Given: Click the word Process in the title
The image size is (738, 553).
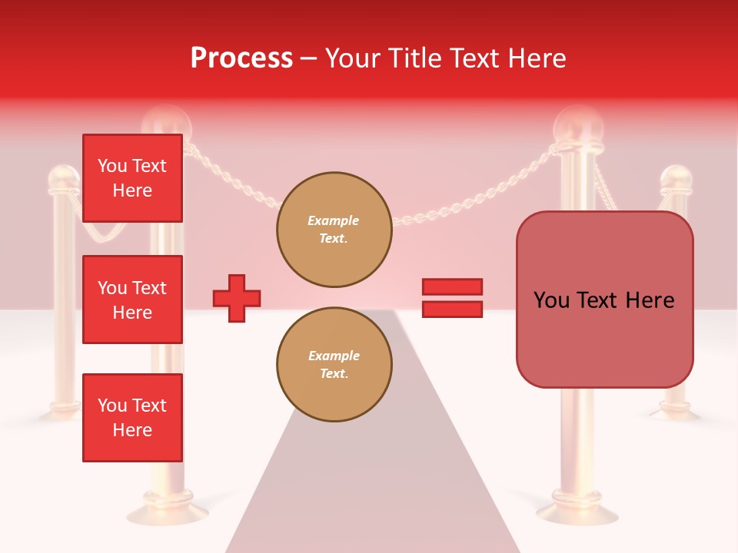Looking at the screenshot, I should point(241,58).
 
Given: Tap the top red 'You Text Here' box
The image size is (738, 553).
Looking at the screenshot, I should point(132,178).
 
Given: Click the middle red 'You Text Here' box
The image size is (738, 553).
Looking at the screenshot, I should point(132,300).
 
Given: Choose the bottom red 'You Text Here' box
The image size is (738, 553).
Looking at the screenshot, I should point(132,418).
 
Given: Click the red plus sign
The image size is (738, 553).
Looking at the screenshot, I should point(237,298).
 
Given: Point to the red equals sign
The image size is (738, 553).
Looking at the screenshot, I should point(452,298).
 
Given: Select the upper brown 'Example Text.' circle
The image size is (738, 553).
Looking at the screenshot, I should point(334,230).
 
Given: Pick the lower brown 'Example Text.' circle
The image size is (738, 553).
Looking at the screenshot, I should point(334,365).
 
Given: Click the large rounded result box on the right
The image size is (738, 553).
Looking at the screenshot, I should point(604,300).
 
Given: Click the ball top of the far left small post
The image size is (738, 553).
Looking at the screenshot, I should point(64,178).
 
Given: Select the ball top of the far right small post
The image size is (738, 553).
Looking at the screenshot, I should point(676,179).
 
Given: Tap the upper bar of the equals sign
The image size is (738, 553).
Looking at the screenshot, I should point(452,287).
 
